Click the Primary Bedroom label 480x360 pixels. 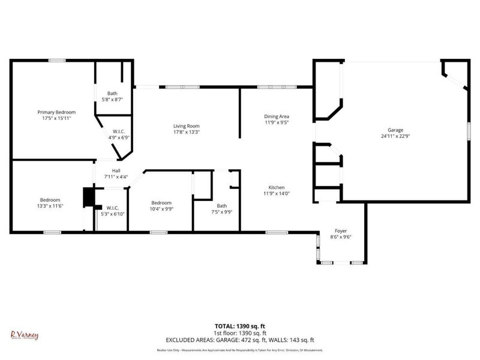56,112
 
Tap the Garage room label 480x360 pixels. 395,130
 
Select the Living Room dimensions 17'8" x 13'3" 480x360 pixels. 186,132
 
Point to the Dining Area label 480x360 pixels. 277,116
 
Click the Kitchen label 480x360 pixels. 277,187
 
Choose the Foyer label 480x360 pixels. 341,231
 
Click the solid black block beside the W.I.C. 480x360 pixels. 88,197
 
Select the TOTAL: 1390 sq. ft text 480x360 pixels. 240,326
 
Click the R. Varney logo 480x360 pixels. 24,335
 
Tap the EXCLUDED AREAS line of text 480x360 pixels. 240,340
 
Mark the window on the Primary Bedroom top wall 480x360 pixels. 57,59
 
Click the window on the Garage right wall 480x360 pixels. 469,131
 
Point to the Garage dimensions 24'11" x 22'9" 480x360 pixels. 395,136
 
